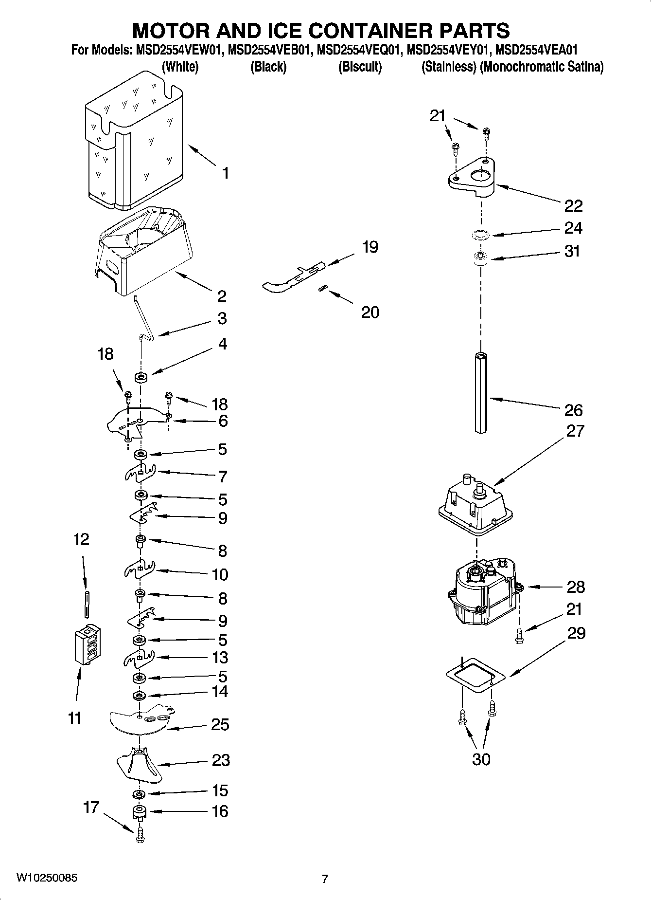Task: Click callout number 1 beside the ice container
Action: (x=225, y=173)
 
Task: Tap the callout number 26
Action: (x=573, y=410)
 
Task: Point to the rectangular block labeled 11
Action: (x=88, y=644)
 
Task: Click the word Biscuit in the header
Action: (x=360, y=67)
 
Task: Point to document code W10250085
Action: (x=47, y=878)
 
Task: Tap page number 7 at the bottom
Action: (x=325, y=879)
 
